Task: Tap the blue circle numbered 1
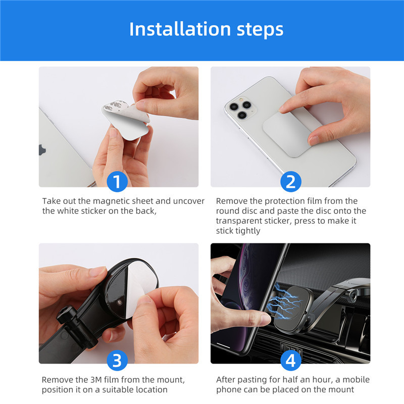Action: tap(117, 181)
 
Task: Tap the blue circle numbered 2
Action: tap(290, 181)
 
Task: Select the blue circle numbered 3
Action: tap(117, 361)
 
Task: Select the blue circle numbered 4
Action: tap(290, 361)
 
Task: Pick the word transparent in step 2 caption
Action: tap(240, 221)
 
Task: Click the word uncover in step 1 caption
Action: tap(188, 201)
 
